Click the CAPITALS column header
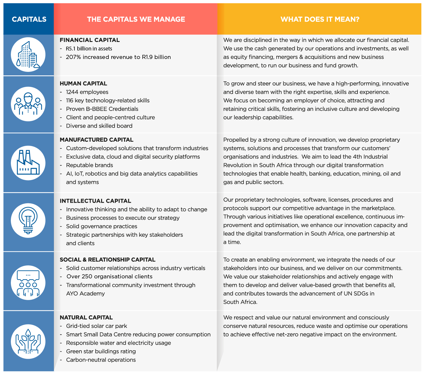click(x=29, y=19)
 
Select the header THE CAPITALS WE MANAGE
click(x=136, y=19)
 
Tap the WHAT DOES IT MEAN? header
click(x=320, y=19)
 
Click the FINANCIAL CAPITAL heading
click(x=90, y=40)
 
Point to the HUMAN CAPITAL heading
click(x=83, y=84)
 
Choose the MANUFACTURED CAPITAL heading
click(x=96, y=140)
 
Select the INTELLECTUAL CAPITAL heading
click(x=95, y=201)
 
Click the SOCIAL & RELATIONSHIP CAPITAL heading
click(x=108, y=260)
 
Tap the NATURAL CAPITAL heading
click(x=86, y=317)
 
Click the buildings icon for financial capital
click(x=28, y=55)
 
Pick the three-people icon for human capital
click(x=28, y=104)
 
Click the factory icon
click(x=28, y=163)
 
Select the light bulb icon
click(x=28, y=221)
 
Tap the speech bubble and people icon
click(x=28, y=283)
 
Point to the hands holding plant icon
click(x=28, y=341)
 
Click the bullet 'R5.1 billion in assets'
click(x=89, y=49)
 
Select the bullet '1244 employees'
click(x=87, y=92)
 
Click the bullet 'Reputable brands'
click(x=89, y=165)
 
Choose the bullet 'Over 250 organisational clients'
click(x=109, y=277)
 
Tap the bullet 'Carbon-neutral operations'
click(x=101, y=360)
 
